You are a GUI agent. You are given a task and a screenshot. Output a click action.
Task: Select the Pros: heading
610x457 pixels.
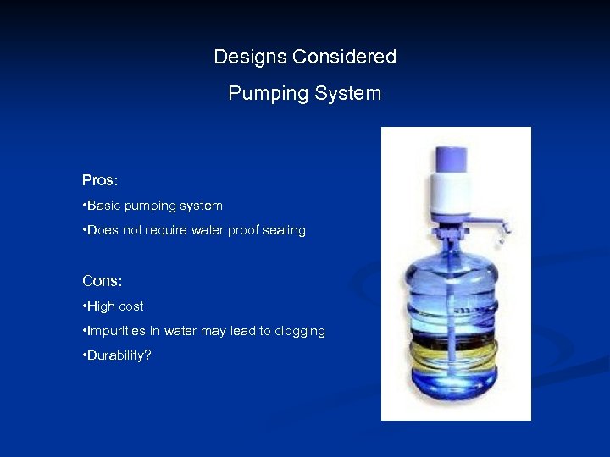coord(99,180)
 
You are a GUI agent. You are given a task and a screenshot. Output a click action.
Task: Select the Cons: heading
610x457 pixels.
coord(102,280)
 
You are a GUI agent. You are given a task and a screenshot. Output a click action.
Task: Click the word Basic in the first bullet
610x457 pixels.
coord(106,206)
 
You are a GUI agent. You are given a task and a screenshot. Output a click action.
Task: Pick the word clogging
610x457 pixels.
coord(298,332)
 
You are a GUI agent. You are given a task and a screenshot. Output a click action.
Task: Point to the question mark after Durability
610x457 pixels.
coord(148,356)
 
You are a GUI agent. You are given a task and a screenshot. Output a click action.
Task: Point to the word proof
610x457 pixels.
coord(234,230)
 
